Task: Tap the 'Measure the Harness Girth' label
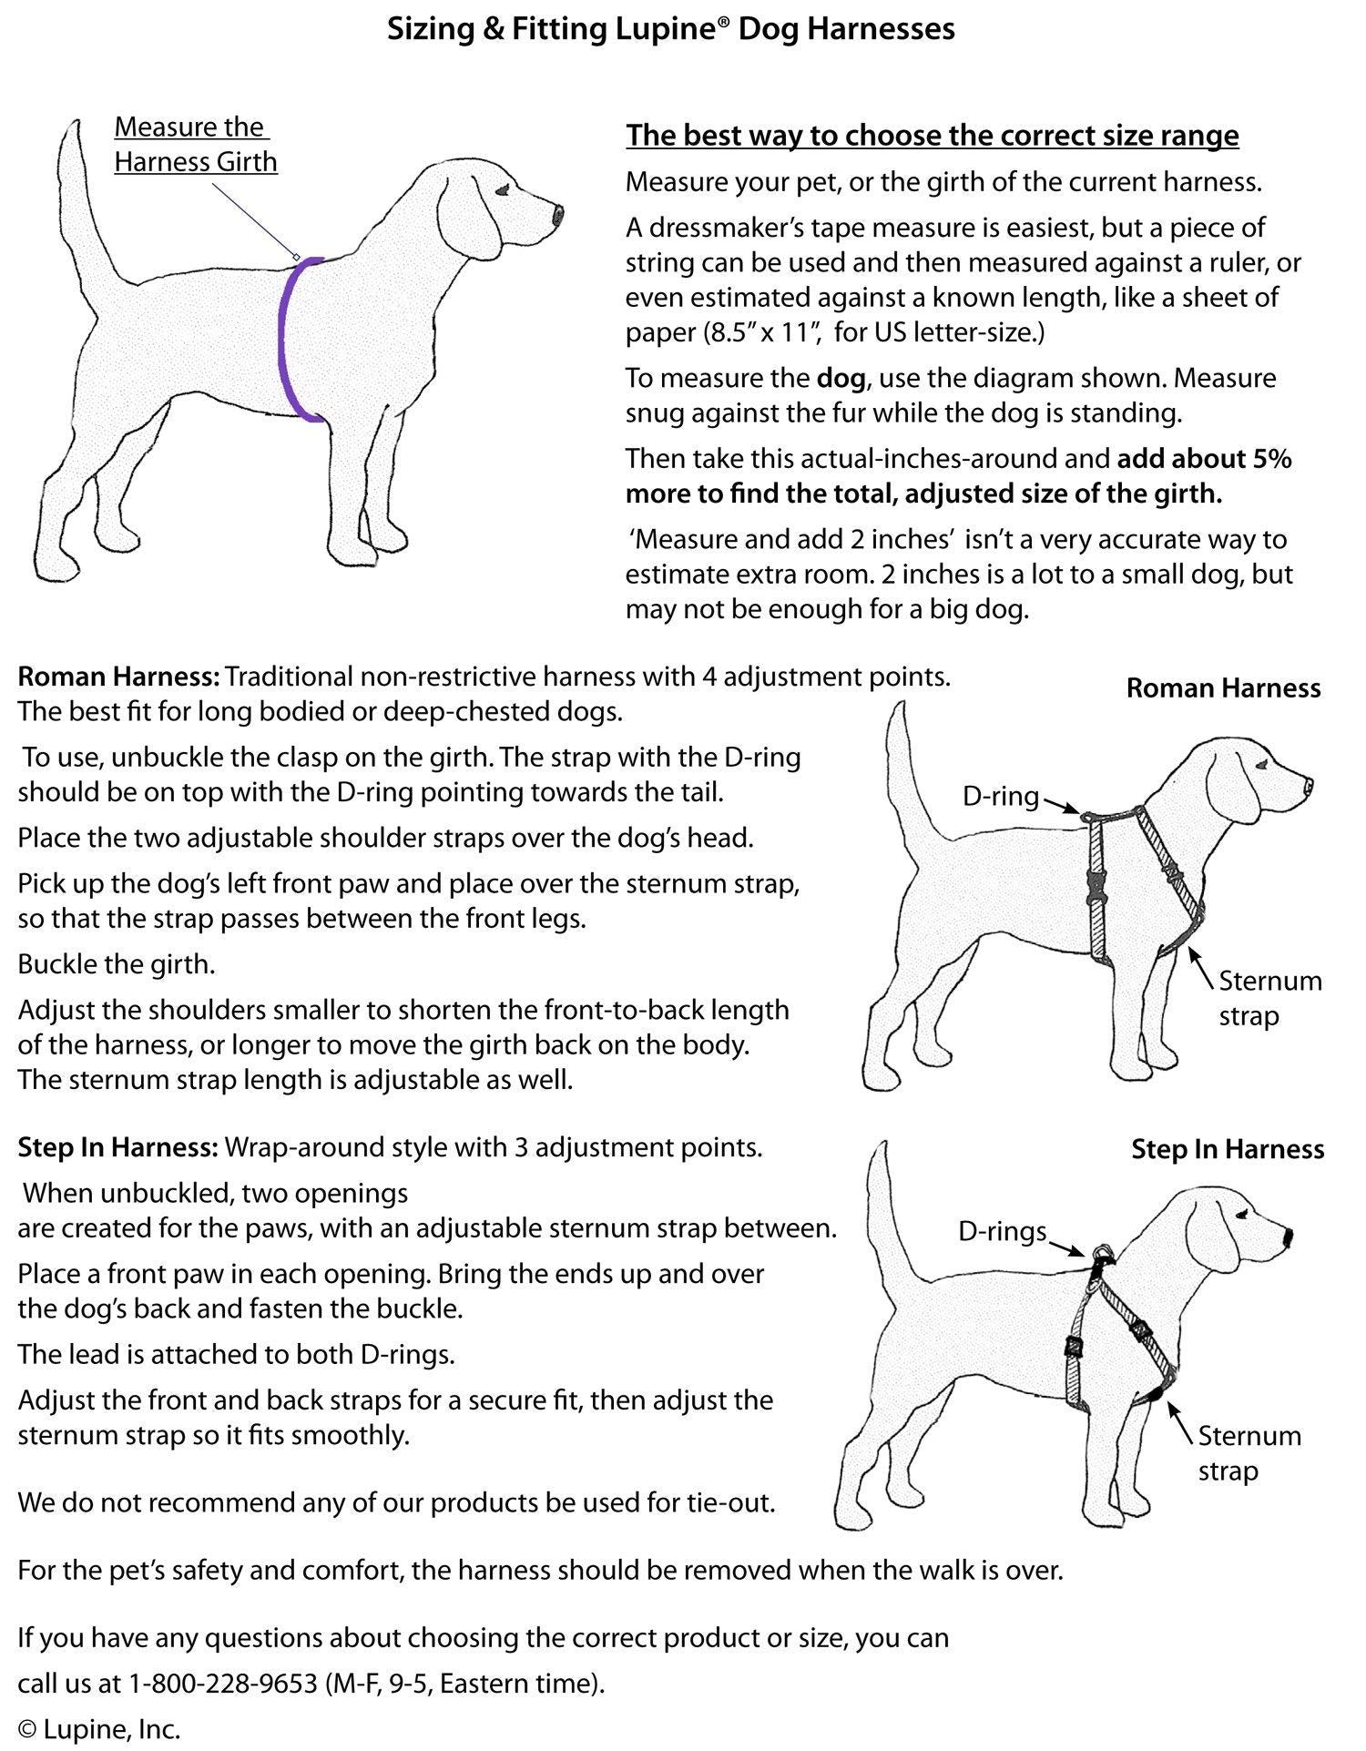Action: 195,145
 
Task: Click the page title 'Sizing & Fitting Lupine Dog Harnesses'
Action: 671,29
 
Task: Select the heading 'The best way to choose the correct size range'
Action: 932,136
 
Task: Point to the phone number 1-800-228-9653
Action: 222,1684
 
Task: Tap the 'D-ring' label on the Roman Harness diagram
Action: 1000,797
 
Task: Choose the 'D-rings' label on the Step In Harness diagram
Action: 1002,1232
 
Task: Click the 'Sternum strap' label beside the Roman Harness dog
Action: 1269,998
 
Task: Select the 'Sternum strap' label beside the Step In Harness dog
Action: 1249,1453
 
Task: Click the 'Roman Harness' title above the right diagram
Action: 1222,688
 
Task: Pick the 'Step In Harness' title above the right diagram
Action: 1227,1149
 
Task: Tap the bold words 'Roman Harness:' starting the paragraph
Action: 118,677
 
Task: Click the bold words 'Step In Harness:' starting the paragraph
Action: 117,1147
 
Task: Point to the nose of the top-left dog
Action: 557,216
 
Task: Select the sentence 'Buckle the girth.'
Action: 117,964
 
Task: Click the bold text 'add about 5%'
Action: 1204,459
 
